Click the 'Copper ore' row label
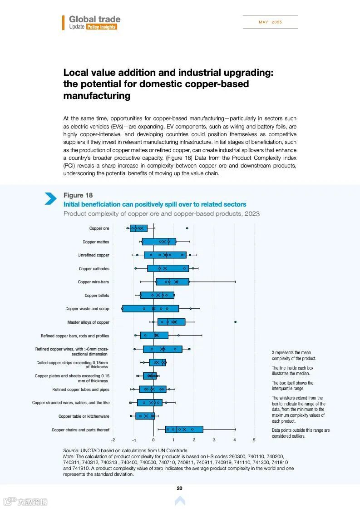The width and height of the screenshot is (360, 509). coord(99,228)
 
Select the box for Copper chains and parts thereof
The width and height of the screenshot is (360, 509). coord(184,430)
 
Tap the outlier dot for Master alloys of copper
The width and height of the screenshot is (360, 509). coord(235,322)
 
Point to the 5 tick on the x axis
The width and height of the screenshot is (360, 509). coord(254,440)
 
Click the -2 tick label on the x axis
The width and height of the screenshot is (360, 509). coord(113,440)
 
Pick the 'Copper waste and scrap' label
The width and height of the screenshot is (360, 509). coord(87,309)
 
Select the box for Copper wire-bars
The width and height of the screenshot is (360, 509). coord(173,282)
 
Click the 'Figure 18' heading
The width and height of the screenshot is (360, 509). coord(78,195)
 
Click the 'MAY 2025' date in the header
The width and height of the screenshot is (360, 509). coord(270,22)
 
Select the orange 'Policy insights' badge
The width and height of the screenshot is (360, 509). coord(101,27)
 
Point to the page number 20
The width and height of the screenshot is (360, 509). coord(179,488)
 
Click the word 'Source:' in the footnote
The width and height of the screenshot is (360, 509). coord(71,450)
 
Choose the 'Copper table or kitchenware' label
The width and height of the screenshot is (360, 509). coord(84,416)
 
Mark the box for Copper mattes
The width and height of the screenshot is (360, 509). coord(159,242)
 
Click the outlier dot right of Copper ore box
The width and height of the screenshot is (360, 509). coord(187,228)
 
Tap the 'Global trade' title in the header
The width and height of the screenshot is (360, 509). coord(94,19)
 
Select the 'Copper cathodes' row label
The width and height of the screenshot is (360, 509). coord(94,269)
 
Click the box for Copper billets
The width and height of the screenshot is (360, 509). coord(157,295)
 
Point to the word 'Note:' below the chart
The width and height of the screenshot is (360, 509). coord(69,456)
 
